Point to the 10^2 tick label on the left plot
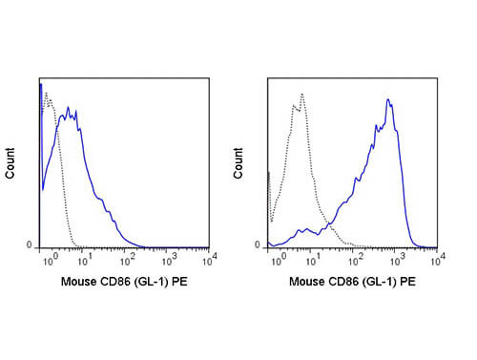tap(127, 258)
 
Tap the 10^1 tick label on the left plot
tap(86, 258)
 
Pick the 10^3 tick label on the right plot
tap(394, 258)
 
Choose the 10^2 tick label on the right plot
tap(354, 258)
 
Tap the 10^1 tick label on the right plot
tap(314, 258)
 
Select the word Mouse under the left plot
tap(77, 283)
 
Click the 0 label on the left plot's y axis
tap(31, 244)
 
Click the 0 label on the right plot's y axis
tap(259, 244)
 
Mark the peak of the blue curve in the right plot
tap(388, 98)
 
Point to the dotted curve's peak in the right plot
tap(301, 94)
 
